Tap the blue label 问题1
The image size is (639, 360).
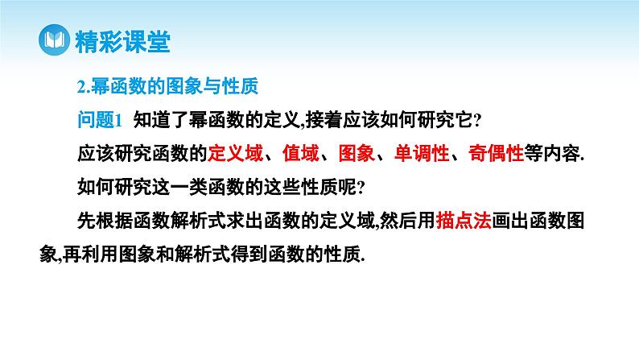pyautogui.click(x=97, y=120)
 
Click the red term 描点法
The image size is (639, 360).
pyautogui.click(x=464, y=219)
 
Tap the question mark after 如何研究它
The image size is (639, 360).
pyautogui.click(x=477, y=121)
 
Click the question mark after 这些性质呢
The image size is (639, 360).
pyautogui.click(x=361, y=187)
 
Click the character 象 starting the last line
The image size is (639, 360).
pyautogui.click(x=66, y=253)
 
